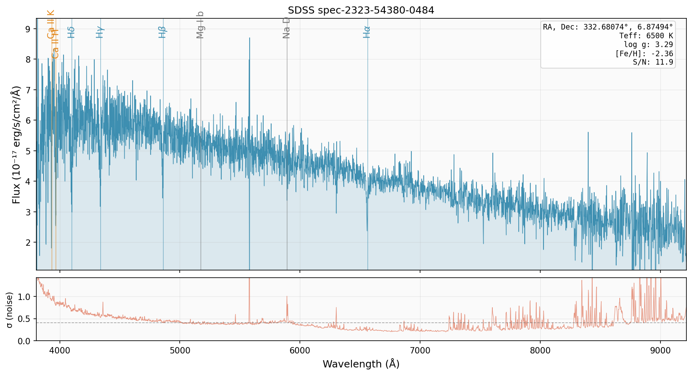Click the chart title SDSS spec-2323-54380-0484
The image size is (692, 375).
click(361, 10)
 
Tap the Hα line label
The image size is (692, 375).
click(367, 32)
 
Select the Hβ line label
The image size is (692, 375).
click(162, 32)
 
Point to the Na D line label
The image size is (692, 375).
click(286, 28)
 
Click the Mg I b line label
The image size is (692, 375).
click(200, 25)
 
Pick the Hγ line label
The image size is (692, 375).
click(100, 32)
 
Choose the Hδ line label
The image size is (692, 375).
click(71, 32)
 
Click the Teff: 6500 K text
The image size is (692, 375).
click(646, 36)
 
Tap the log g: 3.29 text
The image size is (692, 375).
click(648, 45)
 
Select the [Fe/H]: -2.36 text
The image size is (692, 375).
click(644, 53)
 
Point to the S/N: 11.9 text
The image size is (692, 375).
click(652, 62)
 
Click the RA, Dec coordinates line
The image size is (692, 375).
click(608, 27)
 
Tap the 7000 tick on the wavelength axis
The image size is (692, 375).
click(420, 351)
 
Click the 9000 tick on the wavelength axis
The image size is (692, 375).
click(660, 351)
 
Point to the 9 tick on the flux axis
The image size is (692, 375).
click(28, 29)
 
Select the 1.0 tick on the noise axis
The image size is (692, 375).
click(24, 296)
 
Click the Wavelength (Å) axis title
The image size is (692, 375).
click(361, 364)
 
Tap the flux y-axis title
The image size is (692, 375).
click(16, 144)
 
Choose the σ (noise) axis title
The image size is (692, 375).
click(10, 309)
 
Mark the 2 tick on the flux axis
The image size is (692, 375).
click(28, 243)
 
